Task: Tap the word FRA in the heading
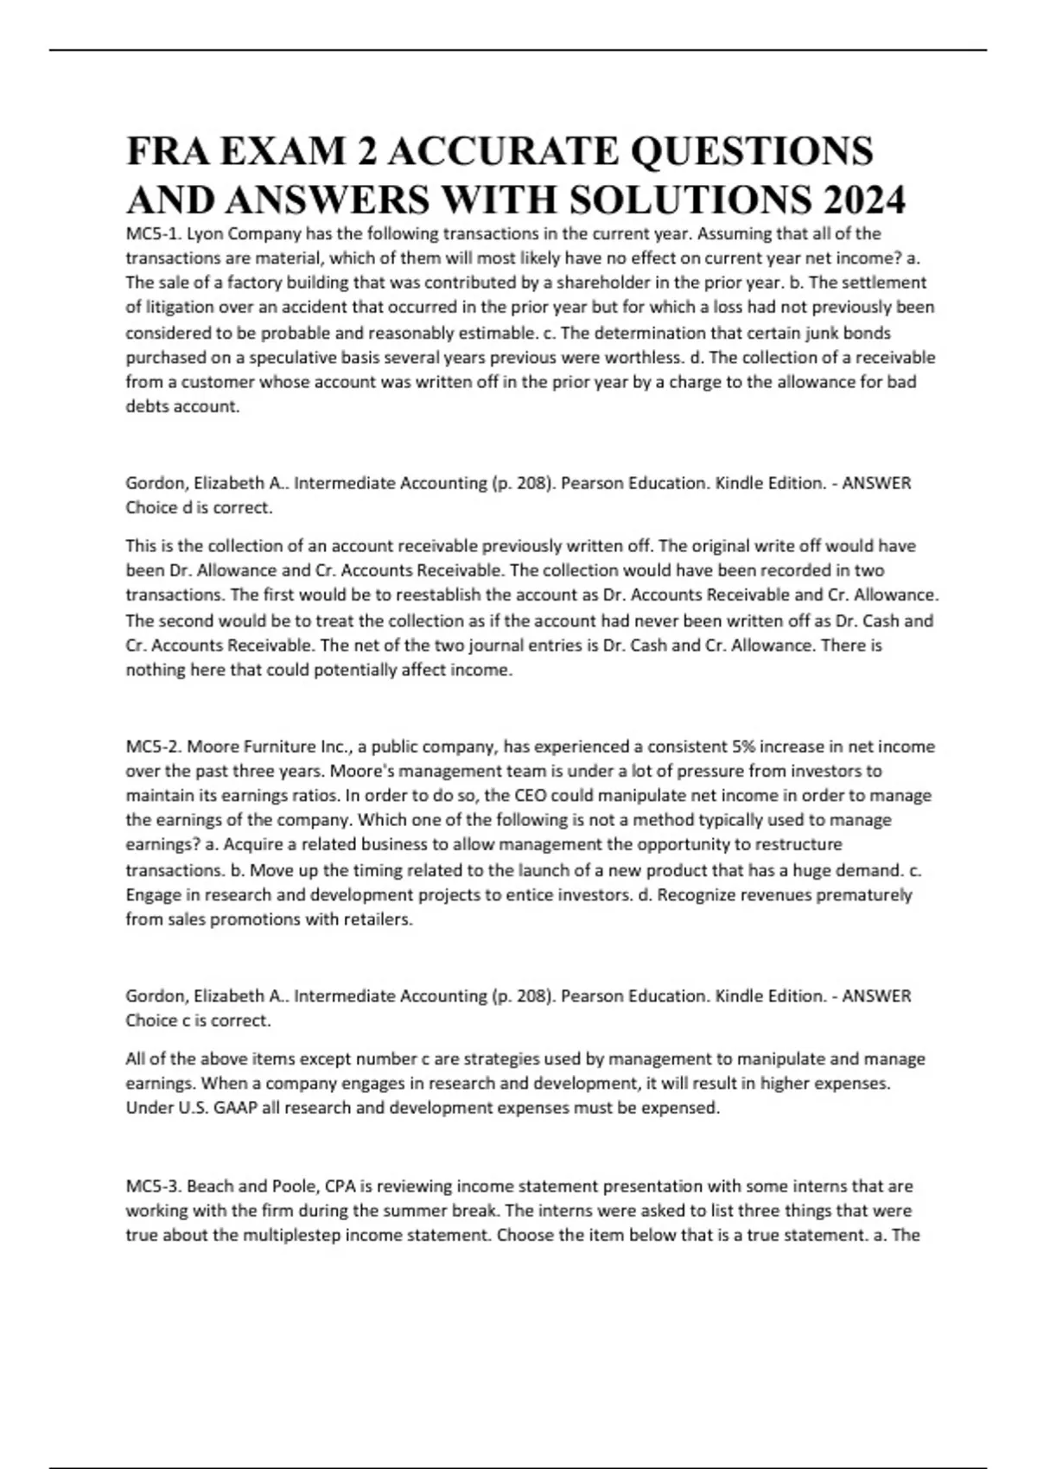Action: [x=165, y=151]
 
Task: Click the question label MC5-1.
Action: [x=153, y=233]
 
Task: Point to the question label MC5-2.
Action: [x=153, y=746]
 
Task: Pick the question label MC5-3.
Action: [x=153, y=1186]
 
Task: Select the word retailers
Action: [x=377, y=919]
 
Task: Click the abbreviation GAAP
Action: [x=233, y=1108]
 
